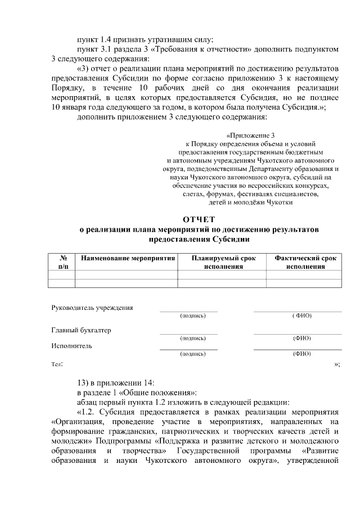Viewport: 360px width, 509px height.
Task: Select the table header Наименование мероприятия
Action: click(127, 258)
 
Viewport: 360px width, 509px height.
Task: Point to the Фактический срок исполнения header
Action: click(305, 262)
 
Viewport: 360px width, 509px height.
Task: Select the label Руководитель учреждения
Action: click(92, 308)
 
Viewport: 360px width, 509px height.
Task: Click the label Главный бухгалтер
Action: click(81, 330)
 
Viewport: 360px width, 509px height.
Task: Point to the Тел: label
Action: click(57, 364)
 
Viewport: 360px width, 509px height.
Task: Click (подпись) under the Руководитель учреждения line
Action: click(193, 316)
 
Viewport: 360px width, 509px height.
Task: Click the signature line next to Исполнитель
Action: click(188, 349)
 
